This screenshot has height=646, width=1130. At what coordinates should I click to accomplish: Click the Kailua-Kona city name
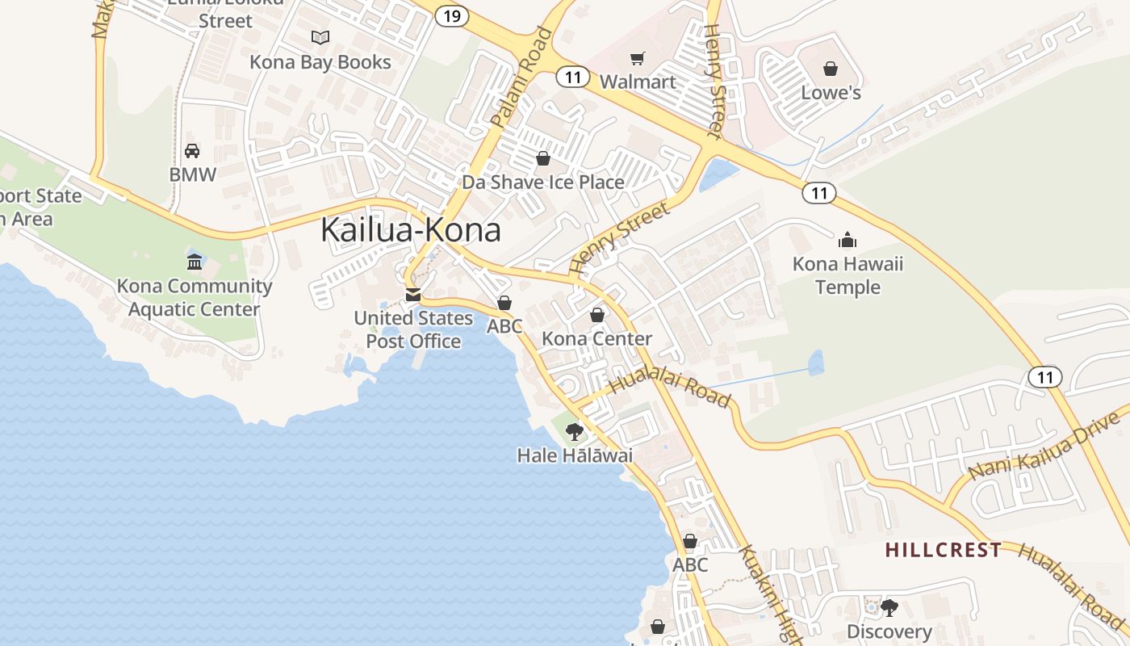coord(411,230)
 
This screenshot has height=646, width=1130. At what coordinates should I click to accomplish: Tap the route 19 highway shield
coord(451,15)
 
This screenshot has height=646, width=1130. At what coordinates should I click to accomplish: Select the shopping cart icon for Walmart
coord(638,58)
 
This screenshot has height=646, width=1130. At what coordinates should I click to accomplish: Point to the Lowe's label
coord(831,93)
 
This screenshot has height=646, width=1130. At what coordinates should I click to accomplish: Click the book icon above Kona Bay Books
coord(320,37)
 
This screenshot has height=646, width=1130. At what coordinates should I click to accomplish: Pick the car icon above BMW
coord(192,150)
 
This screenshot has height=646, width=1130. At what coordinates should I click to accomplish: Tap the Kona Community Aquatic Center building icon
coord(195,262)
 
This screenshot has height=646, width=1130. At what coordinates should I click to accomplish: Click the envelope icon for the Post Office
coord(413,295)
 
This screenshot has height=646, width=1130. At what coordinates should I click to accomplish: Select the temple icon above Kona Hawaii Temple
coord(847,240)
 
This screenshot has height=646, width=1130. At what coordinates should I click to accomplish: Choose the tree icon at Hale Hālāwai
coord(575,431)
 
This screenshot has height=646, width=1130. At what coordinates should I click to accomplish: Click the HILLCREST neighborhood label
coord(944,551)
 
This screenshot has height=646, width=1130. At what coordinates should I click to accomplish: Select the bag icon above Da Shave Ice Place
coord(543,158)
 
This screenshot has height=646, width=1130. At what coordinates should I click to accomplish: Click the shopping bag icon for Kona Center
coord(597,315)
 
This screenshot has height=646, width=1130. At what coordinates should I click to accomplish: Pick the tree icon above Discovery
coord(889,607)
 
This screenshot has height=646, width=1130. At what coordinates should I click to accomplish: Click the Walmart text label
coord(638,82)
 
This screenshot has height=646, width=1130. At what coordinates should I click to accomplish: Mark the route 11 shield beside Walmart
coord(572,78)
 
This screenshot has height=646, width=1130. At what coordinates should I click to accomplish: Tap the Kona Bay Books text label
coord(320,62)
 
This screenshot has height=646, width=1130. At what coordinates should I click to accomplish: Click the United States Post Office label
coord(413,329)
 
